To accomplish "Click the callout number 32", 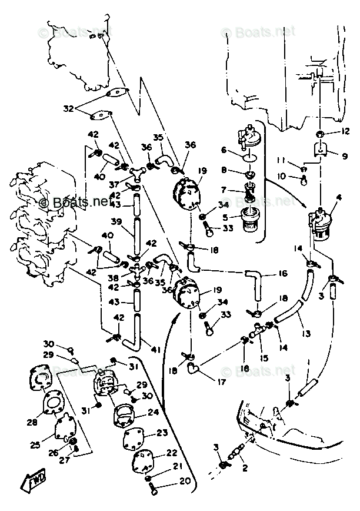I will (x=68, y=109).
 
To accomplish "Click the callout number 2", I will (x=245, y=469).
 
